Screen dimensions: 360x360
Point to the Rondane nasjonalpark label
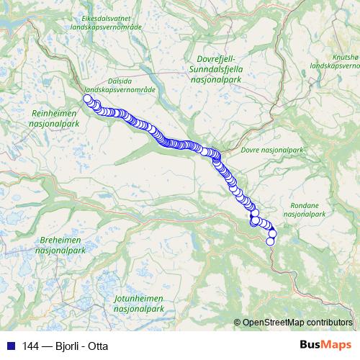pyautogui.click(x=305, y=210)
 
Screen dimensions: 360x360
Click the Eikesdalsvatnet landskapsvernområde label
pyautogui.click(x=112, y=22)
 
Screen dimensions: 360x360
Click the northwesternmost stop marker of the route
pyautogui.click(x=87, y=99)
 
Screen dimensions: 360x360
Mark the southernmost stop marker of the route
pyautogui.click(x=271, y=241)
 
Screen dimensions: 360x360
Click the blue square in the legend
pyautogui.click(x=10, y=346)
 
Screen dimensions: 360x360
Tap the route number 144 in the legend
pyautogui.click(x=29, y=346)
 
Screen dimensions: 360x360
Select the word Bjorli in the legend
pyautogui.click(x=67, y=346)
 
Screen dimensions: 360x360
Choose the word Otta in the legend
pyautogui.click(x=97, y=346)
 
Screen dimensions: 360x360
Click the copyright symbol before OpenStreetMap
pyautogui.click(x=238, y=322)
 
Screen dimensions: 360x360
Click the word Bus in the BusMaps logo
pyautogui.click(x=310, y=346)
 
